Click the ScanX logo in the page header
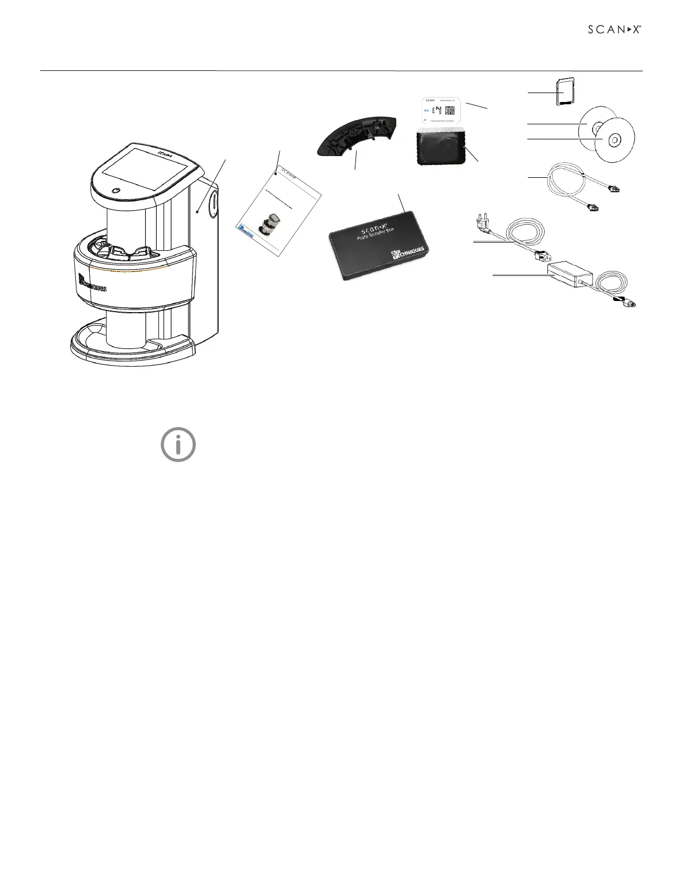pos(614,30)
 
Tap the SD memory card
pos(566,90)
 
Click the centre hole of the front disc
pos(612,139)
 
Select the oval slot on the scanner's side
pos(213,203)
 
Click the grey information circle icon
pos(178,445)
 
